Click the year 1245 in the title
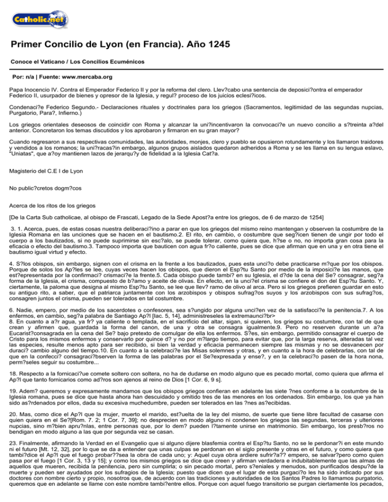(218, 45)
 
